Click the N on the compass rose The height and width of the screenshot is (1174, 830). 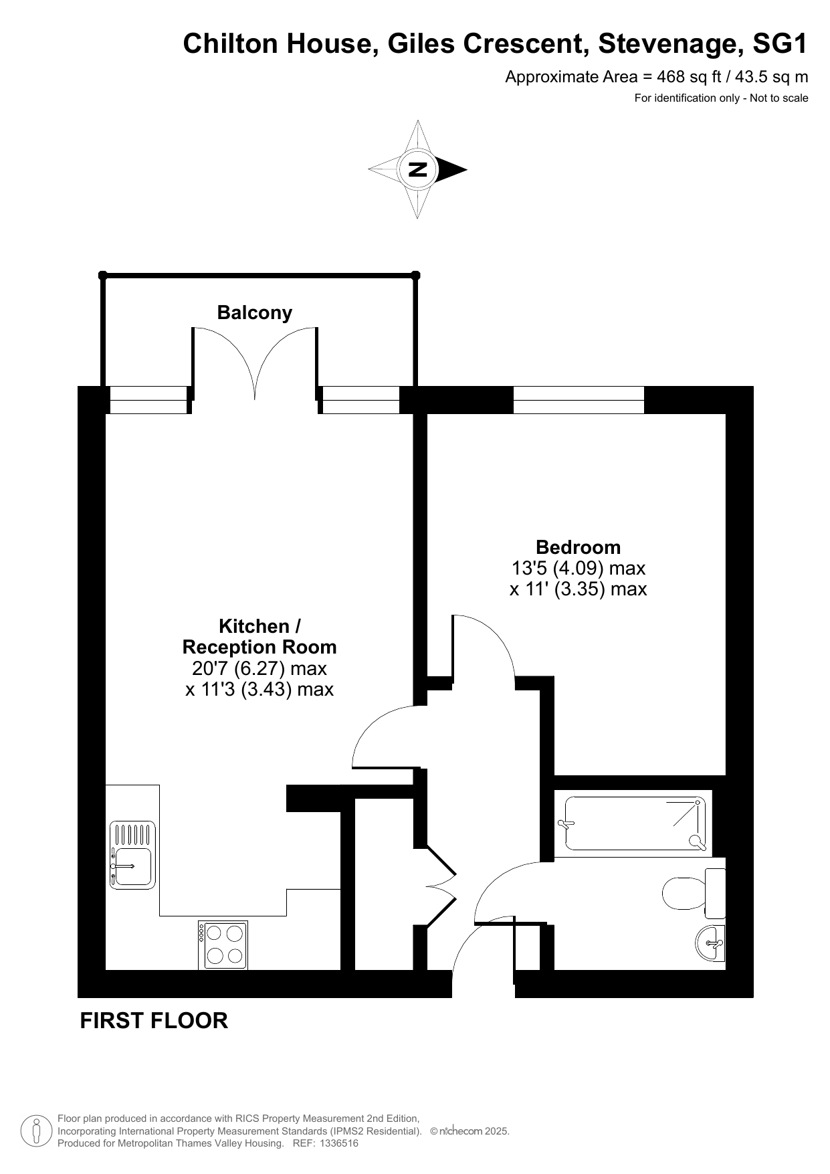click(417, 169)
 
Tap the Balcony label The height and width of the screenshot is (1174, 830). click(255, 313)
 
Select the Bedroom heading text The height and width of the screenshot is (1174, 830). click(579, 547)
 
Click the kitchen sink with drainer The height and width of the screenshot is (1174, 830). click(132, 855)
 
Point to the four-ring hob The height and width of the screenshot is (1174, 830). click(223, 945)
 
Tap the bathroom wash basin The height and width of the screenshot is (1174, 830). click(710, 944)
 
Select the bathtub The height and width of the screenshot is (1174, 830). click(632, 823)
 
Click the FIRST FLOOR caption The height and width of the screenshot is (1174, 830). click(154, 1020)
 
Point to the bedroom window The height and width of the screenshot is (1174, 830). click(579, 400)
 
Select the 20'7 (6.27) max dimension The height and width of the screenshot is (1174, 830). click(260, 668)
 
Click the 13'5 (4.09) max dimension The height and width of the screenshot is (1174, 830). click(579, 568)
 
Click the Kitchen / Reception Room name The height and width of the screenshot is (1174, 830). click(260, 637)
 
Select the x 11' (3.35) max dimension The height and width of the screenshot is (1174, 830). click(579, 589)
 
